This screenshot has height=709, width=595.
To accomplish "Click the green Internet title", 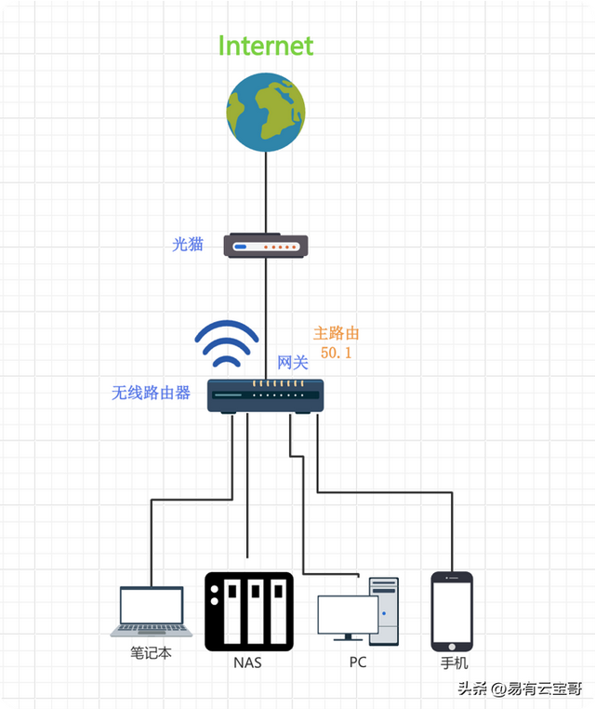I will click(266, 46).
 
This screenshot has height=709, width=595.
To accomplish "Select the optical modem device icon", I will click(267, 247).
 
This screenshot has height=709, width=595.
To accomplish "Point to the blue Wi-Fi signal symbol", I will click(225, 345).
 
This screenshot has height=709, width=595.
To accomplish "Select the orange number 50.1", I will click(336, 354).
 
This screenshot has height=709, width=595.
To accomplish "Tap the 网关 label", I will click(292, 363).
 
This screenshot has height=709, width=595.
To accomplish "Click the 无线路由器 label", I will click(152, 393).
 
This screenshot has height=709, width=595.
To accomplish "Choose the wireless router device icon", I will click(265, 395).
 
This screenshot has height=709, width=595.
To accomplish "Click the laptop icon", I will click(152, 611).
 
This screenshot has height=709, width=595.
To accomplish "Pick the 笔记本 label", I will click(152, 653).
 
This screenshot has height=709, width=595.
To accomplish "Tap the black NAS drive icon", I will click(248, 611).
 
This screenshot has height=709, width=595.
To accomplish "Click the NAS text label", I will click(248, 663).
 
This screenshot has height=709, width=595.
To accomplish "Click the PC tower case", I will click(384, 610).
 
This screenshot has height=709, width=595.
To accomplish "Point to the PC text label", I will click(358, 662).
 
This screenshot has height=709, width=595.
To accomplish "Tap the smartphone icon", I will click(452, 610).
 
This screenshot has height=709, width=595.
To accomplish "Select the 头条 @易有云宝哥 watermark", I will click(515, 689).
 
